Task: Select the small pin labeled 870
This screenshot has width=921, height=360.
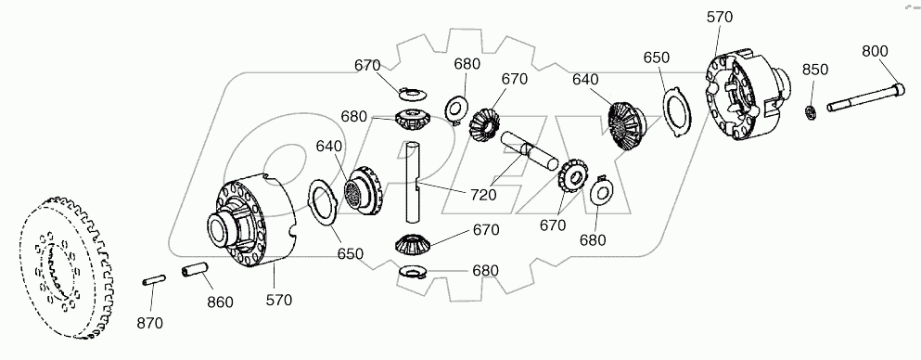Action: (155, 280)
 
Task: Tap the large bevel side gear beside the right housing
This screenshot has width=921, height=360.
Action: (626, 122)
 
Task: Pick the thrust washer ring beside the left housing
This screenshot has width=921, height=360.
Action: (321, 203)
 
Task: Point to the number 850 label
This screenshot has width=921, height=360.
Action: (814, 70)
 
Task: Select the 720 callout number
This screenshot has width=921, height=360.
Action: (481, 195)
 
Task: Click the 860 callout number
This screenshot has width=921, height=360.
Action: (220, 302)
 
